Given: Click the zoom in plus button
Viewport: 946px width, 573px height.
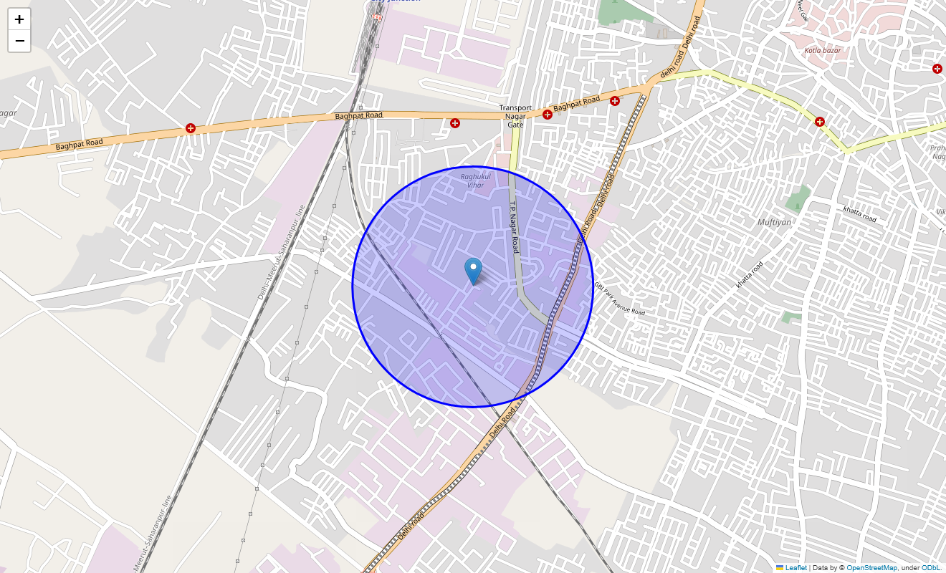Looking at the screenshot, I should pos(19,19).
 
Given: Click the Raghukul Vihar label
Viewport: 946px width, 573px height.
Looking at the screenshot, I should pos(473,180).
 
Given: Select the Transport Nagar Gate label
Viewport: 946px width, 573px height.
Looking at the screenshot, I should pos(515,116).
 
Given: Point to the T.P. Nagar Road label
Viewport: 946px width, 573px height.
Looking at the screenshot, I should pos(513,226).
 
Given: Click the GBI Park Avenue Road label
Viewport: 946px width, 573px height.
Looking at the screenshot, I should pos(619,299).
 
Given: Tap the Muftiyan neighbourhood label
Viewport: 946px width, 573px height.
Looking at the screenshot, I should pos(774,222).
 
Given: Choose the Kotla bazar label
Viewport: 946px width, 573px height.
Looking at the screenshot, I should pos(822,50).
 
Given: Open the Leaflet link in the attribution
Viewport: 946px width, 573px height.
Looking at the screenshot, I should pos(795,568).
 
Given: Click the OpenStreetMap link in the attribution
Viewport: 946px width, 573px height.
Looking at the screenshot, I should pos(871,568).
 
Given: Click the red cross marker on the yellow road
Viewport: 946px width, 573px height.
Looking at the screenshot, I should pos(819,122).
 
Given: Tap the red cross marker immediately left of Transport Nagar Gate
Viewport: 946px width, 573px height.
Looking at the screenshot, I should pos(455,123).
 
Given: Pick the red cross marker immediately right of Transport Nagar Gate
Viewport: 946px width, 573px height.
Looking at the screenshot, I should pos(548,114).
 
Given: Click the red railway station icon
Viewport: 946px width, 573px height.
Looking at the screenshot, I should pos(378,16).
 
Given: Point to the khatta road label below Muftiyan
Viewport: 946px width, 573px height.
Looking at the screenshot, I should pos(750,275).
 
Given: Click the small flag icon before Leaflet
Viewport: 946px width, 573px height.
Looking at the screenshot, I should pos(780,568).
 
